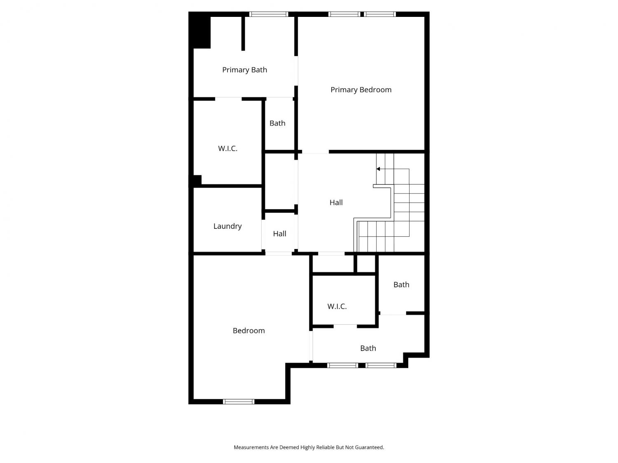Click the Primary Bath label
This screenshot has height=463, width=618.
coord(244,70)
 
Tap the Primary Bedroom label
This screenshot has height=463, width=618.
coord(360,90)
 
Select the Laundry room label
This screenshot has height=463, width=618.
coord(227,226)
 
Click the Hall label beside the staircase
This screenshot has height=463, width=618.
coord(336,202)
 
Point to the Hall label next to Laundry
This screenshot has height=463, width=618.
coord(279,234)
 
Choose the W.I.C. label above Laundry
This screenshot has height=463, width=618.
coord(227,149)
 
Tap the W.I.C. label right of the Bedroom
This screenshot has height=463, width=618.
coord(337,307)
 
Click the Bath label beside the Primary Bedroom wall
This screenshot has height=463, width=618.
coord(277,123)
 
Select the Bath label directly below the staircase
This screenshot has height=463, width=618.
coord(401,285)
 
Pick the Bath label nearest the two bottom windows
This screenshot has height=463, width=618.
coord(368,348)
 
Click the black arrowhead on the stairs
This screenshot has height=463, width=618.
coord(378,169)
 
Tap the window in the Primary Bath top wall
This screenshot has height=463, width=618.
coord(269,14)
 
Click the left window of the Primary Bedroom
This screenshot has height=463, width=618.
coord(344,14)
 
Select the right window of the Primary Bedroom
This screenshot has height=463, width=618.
coord(380,14)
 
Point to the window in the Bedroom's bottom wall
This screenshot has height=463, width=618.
coord(239,402)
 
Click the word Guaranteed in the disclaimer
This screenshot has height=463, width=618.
coord(369,447)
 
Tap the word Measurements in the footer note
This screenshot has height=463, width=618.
coord(251,447)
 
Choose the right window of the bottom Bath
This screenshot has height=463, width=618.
coord(381,365)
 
